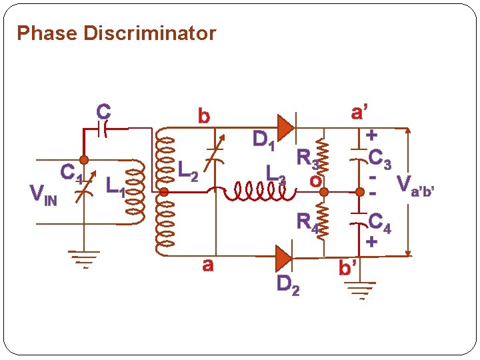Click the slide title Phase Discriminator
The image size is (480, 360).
[116, 33]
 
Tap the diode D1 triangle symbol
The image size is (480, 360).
[285, 126]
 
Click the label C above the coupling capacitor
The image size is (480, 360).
[103, 111]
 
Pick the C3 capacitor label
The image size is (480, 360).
[383, 159]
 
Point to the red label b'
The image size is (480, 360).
[347, 269]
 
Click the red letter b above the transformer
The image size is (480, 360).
[203, 115]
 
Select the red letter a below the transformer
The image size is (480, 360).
[207, 265]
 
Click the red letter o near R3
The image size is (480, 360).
[315, 180]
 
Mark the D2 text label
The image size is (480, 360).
[288, 284]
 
